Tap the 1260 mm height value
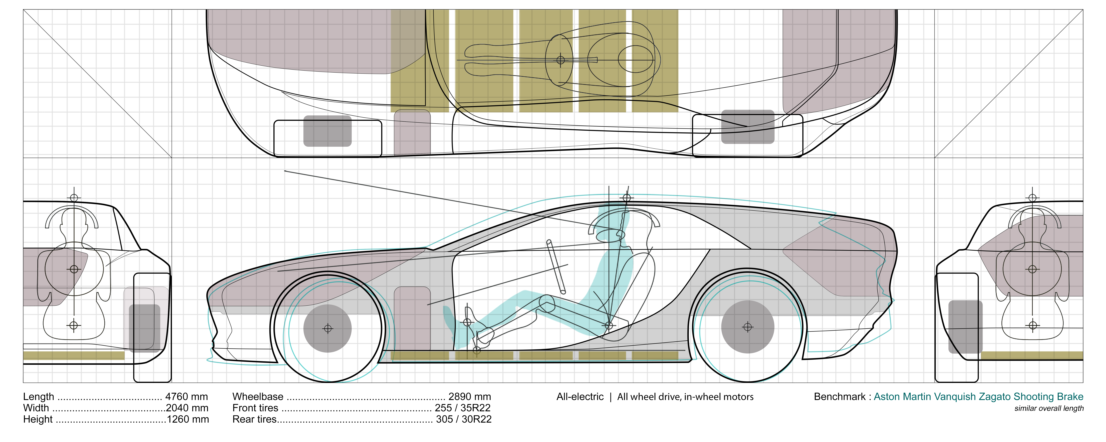pyautogui.click(x=188, y=419)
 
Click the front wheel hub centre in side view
pyautogui.click(x=328, y=329)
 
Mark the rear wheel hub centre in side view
pyautogui.click(x=748, y=327)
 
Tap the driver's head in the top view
pyautogui.click(x=635, y=59)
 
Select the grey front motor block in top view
pyautogui.click(x=327, y=131)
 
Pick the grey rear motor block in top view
pyautogui.click(x=748, y=127)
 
